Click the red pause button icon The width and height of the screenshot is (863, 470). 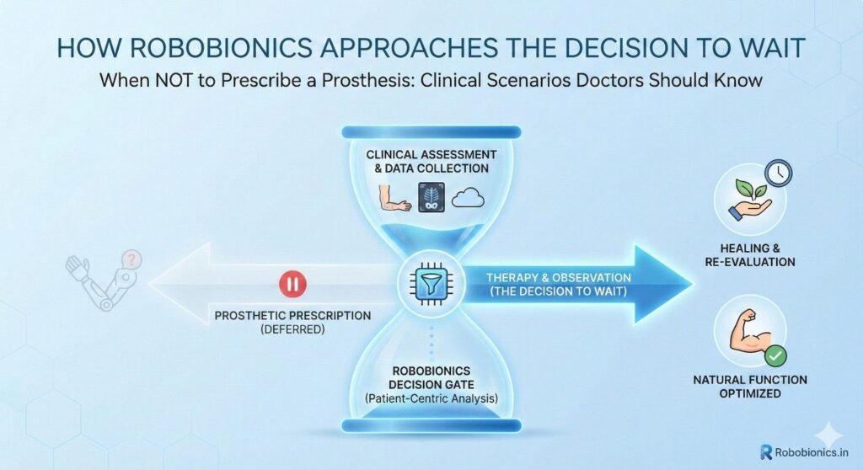(x=292, y=285)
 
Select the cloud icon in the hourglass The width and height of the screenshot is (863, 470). (x=468, y=198)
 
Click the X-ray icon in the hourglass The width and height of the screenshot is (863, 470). (x=431, y=197)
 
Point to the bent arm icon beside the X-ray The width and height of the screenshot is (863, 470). (x=394, y=198)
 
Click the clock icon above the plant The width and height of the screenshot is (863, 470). (x=778, y=173)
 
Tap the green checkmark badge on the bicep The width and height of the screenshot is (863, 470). (x=775, y=356)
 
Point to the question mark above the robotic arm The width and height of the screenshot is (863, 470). (x=131, y=259)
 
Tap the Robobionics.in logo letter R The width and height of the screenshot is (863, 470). (x=765, y=451)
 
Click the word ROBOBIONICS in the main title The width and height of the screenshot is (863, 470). (x=222, y=48)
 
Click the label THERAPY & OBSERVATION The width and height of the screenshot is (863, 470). (x=558, y=277)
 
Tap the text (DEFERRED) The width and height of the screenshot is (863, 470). (x=292, y=329)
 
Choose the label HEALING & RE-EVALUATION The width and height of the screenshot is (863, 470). (x=749, y=255)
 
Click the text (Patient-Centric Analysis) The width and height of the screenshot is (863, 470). (x=431, y=398)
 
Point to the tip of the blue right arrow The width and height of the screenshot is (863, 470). (x=693, y=284)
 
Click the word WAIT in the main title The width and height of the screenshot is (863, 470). (x=775, y=48)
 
